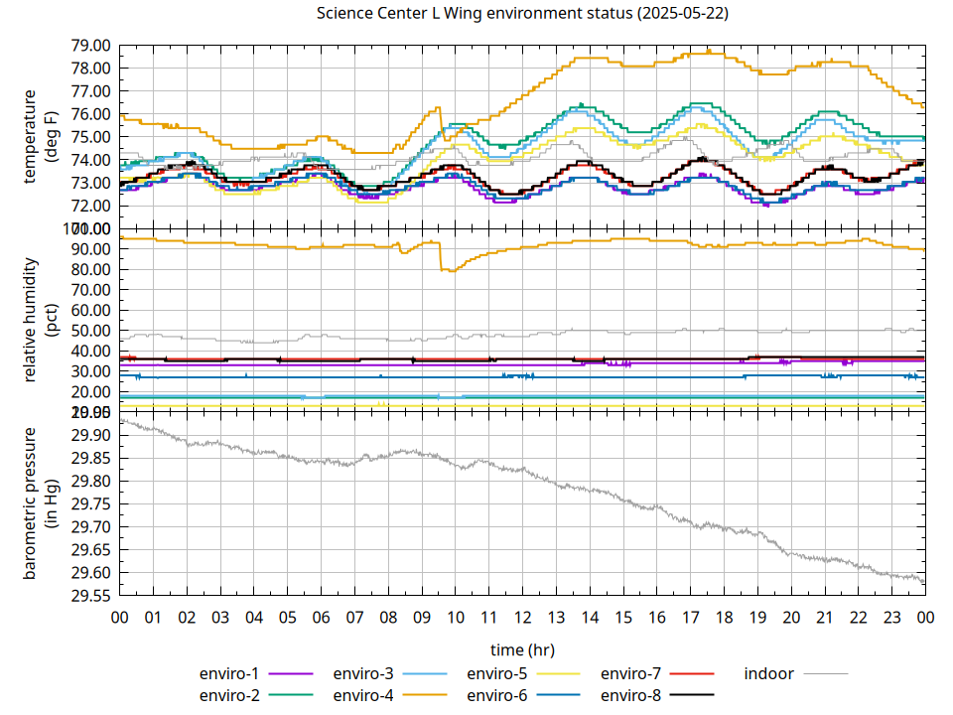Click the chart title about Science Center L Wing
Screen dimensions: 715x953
click(x=521, y=14)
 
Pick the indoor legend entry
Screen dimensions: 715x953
click(x=769, y=674)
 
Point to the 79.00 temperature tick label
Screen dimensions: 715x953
click(x=90, y=46)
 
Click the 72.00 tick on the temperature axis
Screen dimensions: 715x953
click(x=90, y=206)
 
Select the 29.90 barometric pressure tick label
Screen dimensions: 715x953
click(x=90, y=436)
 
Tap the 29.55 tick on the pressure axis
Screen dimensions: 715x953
click(x=90, y=596)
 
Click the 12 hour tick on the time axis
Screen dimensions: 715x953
click(x=522, y=618)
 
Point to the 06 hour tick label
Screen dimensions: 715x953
click(x=321, y=618)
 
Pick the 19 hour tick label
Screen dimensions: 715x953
click(x=757, y=618)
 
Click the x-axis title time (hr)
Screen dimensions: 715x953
click(x=522, y=649)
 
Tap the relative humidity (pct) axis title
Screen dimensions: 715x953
click(x=41, y=320)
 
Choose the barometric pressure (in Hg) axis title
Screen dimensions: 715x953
click(x=41, y=503)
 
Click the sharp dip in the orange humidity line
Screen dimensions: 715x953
click(x=449, y=269)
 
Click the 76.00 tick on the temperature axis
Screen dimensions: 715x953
click(x=90, y=114)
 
